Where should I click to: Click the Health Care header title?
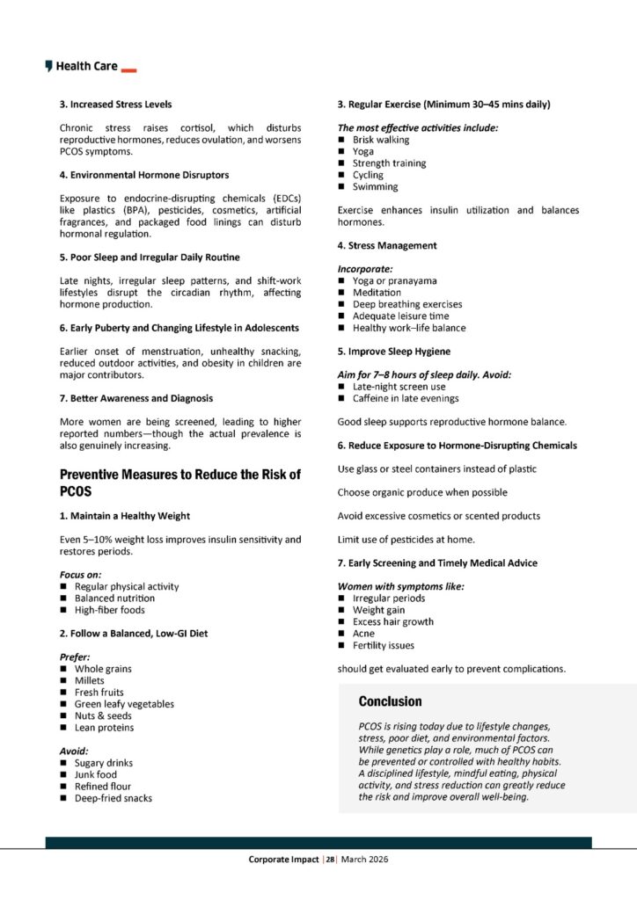click(86, 66)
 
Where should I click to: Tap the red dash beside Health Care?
click(128, 69)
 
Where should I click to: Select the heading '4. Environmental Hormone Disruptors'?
click(144, 175)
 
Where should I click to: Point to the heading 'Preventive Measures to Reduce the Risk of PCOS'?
click(179, 482)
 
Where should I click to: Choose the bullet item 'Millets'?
click(90, 680)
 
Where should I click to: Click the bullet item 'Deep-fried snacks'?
click(113, 798)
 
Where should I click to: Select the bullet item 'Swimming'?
click(375, 186)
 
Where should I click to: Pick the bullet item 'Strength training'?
click(389, 163)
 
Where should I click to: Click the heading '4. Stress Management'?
click(387, 245)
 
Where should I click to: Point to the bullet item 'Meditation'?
click(377, 292)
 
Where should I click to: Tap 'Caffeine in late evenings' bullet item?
click(406, 398)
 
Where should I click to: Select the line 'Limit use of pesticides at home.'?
click(406, 539)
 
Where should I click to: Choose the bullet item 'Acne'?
click(363, 633)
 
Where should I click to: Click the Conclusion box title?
click(390, 701)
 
